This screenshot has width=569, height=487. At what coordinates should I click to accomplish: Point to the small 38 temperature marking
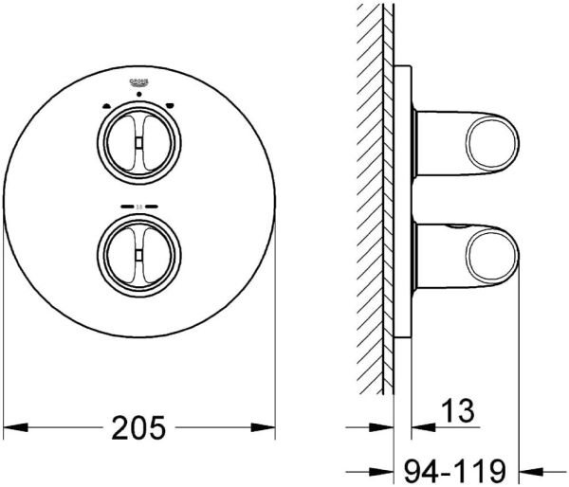(x=138, y=205)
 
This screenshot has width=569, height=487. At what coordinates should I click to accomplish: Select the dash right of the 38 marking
(x=153, y=205)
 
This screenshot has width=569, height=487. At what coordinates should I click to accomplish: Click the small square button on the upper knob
(x=138, y=142)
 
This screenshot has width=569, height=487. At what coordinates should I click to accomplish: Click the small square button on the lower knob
(x=138, y=249)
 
